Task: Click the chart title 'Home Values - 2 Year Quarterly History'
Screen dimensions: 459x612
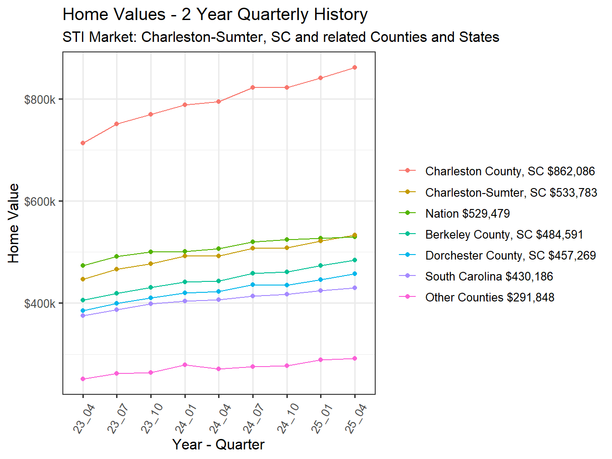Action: click(x=215, y=15)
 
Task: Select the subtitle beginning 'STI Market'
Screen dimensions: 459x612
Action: click(x=280, y=37)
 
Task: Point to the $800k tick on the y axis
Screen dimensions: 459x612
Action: click(x=40, y=99)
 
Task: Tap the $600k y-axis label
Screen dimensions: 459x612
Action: click(x=40, y=201)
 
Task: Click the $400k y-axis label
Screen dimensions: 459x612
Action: click(x=40, y=303)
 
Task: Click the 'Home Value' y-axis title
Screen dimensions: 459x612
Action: click(x=14, y=223)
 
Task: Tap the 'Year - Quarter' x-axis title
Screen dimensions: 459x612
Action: click(x=218, y=444)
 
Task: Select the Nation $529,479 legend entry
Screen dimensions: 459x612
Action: click(x=467, y=214)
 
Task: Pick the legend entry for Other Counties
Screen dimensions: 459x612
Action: click(x=490, y=297)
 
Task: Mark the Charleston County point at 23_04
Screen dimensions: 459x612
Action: click(x=83, y=143)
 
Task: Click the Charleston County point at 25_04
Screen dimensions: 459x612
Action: click(x=355, y=68)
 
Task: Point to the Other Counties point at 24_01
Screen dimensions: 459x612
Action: click(x=185, y=365)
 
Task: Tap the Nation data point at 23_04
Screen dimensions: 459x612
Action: click(x=83, y=265)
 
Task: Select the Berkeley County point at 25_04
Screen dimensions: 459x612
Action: click(x=355, y=260)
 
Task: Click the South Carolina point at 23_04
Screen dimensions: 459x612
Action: click(x=83, y=316)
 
